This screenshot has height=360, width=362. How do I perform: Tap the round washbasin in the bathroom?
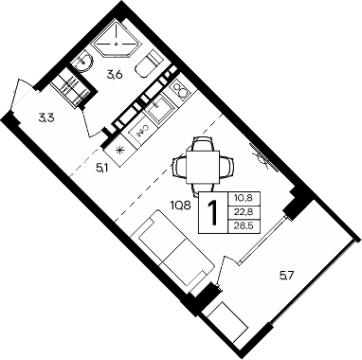(x=84, y=63)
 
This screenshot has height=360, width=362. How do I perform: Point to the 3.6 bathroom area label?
(x=115, y=73)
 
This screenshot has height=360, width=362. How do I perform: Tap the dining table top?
(x=203, y=165)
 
